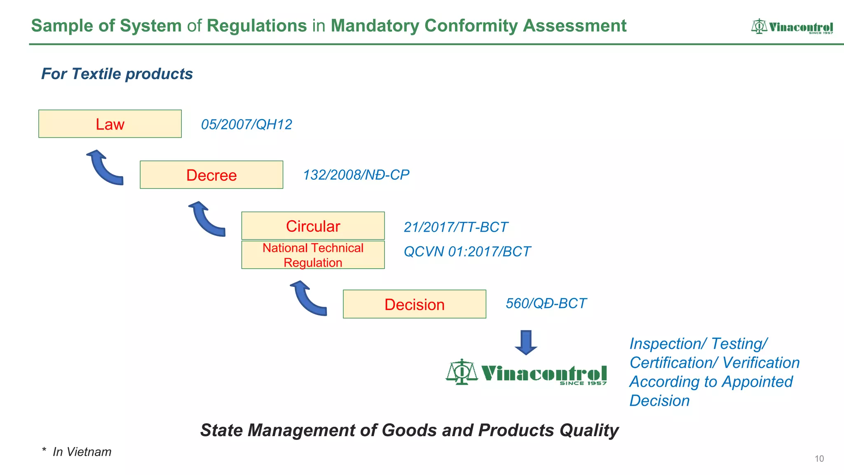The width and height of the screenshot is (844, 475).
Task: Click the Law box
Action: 110,124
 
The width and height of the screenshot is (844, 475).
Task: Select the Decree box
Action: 211,175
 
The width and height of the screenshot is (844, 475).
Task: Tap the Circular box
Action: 313,226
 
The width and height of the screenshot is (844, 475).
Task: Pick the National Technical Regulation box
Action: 313,255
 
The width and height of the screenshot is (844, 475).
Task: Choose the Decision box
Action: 414,304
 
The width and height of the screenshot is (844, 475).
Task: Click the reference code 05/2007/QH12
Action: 246,125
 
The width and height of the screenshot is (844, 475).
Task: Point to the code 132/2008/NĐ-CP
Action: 356,175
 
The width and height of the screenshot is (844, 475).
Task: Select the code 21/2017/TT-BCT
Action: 455,227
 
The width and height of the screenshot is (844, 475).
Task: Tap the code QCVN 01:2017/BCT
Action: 467,252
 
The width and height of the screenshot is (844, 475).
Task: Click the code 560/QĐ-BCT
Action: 546,303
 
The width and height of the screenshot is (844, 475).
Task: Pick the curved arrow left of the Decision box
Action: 307,299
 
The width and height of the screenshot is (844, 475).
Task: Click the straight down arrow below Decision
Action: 526,342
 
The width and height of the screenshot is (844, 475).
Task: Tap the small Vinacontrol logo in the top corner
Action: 792,27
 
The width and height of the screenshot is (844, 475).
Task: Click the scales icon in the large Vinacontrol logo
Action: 462,372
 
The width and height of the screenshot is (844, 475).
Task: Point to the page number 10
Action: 819,459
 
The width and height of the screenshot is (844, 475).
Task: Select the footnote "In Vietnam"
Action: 82,452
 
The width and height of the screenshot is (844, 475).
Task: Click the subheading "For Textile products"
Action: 117,74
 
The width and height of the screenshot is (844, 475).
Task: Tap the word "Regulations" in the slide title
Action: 257,26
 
